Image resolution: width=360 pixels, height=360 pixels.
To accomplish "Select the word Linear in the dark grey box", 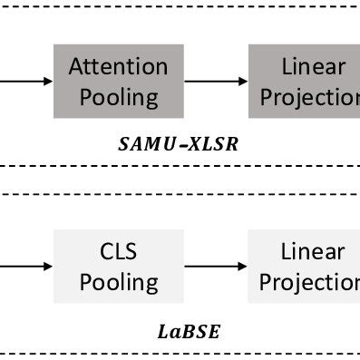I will click(x=313, y=67).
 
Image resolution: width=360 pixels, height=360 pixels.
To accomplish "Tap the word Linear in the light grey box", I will click(x=313, y=251).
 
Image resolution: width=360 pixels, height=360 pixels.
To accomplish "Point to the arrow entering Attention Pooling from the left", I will click(x=27, y=82).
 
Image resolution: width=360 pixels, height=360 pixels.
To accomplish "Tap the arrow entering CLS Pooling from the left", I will click(x=27, y=266).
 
